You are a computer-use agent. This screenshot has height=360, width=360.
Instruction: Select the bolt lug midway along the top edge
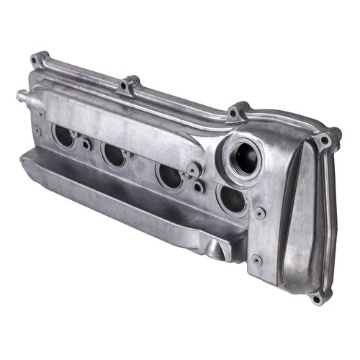tap(128, 85)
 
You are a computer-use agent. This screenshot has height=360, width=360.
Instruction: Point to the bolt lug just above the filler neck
tap(235, 112)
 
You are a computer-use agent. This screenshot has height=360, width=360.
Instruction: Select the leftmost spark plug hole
tap(63, 135)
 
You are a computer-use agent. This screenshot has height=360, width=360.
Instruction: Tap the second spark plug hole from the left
tap(114, 154)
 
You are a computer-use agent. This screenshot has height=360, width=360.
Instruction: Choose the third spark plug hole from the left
tap(170, 175)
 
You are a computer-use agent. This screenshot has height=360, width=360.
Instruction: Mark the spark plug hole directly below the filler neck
tap(232, 199)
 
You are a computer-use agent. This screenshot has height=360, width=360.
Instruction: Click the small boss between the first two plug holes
tap(86, 144)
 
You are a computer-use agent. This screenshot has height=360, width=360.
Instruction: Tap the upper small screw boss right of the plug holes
tap(260, 213)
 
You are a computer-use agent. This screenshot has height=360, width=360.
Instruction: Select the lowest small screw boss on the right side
tap(257, 260)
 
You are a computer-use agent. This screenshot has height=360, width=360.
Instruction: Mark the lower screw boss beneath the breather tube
tap(37, 131)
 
